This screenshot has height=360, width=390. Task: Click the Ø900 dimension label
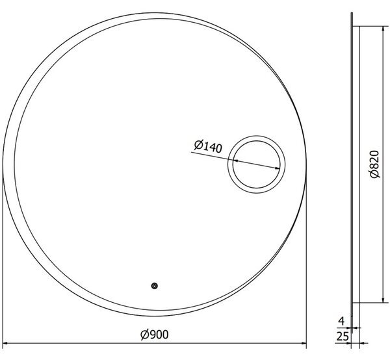click(155, 335)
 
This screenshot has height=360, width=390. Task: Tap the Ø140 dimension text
click(208, 146)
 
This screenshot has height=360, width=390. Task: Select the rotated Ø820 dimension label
click(374, 164)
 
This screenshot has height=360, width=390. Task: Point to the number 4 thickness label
click(342, 321)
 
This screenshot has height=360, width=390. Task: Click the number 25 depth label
click(343, 337)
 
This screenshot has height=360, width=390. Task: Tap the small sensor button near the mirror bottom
click(155, 286)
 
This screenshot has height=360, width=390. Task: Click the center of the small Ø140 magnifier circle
click(257, 164)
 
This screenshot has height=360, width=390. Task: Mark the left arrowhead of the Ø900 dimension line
click(5, 343)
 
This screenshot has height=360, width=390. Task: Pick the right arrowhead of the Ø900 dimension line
click(304, 343)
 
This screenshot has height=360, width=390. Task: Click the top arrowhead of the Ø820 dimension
click(383, 29)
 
